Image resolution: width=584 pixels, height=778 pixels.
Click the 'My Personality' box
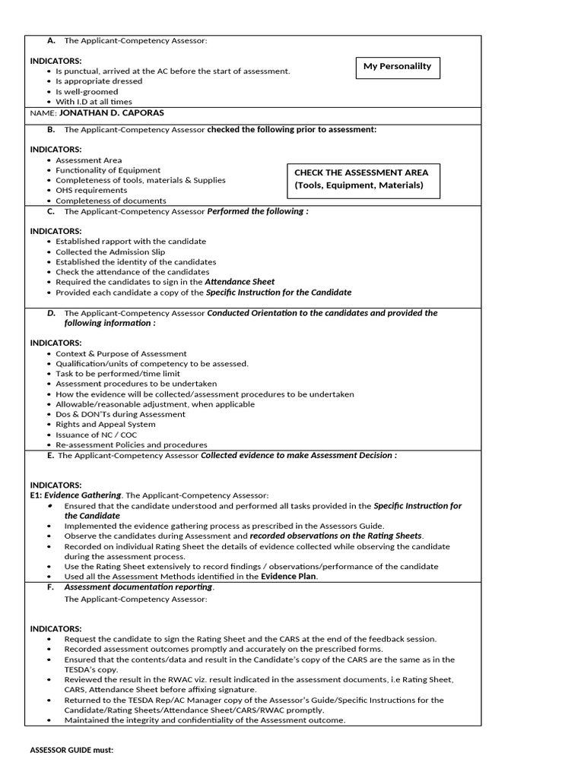(397, 67)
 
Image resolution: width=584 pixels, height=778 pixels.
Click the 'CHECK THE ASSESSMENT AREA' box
(363, 179)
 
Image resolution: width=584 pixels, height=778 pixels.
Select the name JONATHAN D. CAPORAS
(111, 113)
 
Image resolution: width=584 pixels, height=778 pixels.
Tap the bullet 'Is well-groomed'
(87, 92)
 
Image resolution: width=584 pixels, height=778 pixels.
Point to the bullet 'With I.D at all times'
(94, 102)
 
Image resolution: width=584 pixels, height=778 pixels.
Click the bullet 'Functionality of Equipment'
(108, 170)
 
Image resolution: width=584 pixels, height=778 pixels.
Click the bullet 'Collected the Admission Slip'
(110, 251)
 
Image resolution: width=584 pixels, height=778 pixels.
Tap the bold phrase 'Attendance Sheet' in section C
(240, 282)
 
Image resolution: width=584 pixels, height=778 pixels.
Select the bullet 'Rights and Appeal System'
(105, 425)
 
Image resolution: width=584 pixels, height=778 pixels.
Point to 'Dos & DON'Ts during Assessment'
(120, 414)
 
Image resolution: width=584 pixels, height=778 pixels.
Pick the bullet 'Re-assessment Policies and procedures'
(131, 444)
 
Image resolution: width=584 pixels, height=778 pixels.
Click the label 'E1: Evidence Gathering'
(75, 495)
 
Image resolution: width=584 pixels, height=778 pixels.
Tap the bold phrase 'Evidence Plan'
(289, 577)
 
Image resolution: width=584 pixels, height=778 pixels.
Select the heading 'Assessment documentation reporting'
(138, 587)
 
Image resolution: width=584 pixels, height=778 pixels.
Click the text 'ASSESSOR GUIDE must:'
(71, 750)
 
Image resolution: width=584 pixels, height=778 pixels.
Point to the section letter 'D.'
(51, 313)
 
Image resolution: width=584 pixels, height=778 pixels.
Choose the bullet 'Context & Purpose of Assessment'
(121, 353)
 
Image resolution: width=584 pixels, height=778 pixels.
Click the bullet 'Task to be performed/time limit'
(118, 374)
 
